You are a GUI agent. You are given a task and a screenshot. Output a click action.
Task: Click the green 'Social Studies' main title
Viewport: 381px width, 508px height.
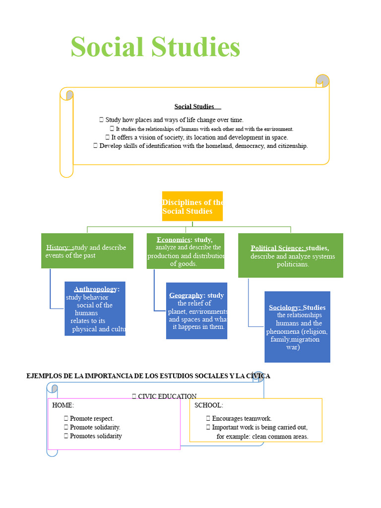click(155, 48)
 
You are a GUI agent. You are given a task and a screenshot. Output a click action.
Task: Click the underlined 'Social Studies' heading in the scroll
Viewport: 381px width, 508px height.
click(194, 107)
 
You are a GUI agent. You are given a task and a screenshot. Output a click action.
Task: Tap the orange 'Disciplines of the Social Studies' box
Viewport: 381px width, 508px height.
click(192, 206)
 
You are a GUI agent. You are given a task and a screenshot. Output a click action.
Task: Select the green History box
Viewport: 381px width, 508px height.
click(87, 251)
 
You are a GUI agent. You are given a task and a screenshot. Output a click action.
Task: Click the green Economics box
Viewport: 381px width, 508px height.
click(186, 251)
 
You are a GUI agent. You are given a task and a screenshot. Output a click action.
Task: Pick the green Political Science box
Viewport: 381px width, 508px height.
click(290, 255)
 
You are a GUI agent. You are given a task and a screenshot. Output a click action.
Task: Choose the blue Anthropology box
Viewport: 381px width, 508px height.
click(95, 309)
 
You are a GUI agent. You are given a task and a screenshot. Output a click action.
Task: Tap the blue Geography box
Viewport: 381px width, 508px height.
click(196, 311)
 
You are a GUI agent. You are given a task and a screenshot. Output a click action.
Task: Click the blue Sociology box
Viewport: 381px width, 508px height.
click(297, 327)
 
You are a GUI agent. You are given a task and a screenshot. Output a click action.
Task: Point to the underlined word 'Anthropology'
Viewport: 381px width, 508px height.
click(96, 289)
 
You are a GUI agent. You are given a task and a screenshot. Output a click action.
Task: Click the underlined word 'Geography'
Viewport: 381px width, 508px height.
click(186, 296)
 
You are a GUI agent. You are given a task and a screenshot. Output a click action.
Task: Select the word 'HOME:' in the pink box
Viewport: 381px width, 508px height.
click(63, 405)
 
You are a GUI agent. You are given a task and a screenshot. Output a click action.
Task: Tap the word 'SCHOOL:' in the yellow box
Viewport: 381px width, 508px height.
click(208, 405)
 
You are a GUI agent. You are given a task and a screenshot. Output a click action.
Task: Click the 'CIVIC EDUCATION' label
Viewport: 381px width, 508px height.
click(167, 396)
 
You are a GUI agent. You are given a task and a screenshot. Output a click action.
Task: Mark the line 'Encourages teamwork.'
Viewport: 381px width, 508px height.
click(242, 419)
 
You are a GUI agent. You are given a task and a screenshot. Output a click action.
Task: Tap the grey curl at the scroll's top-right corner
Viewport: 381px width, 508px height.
click(322, 80)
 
